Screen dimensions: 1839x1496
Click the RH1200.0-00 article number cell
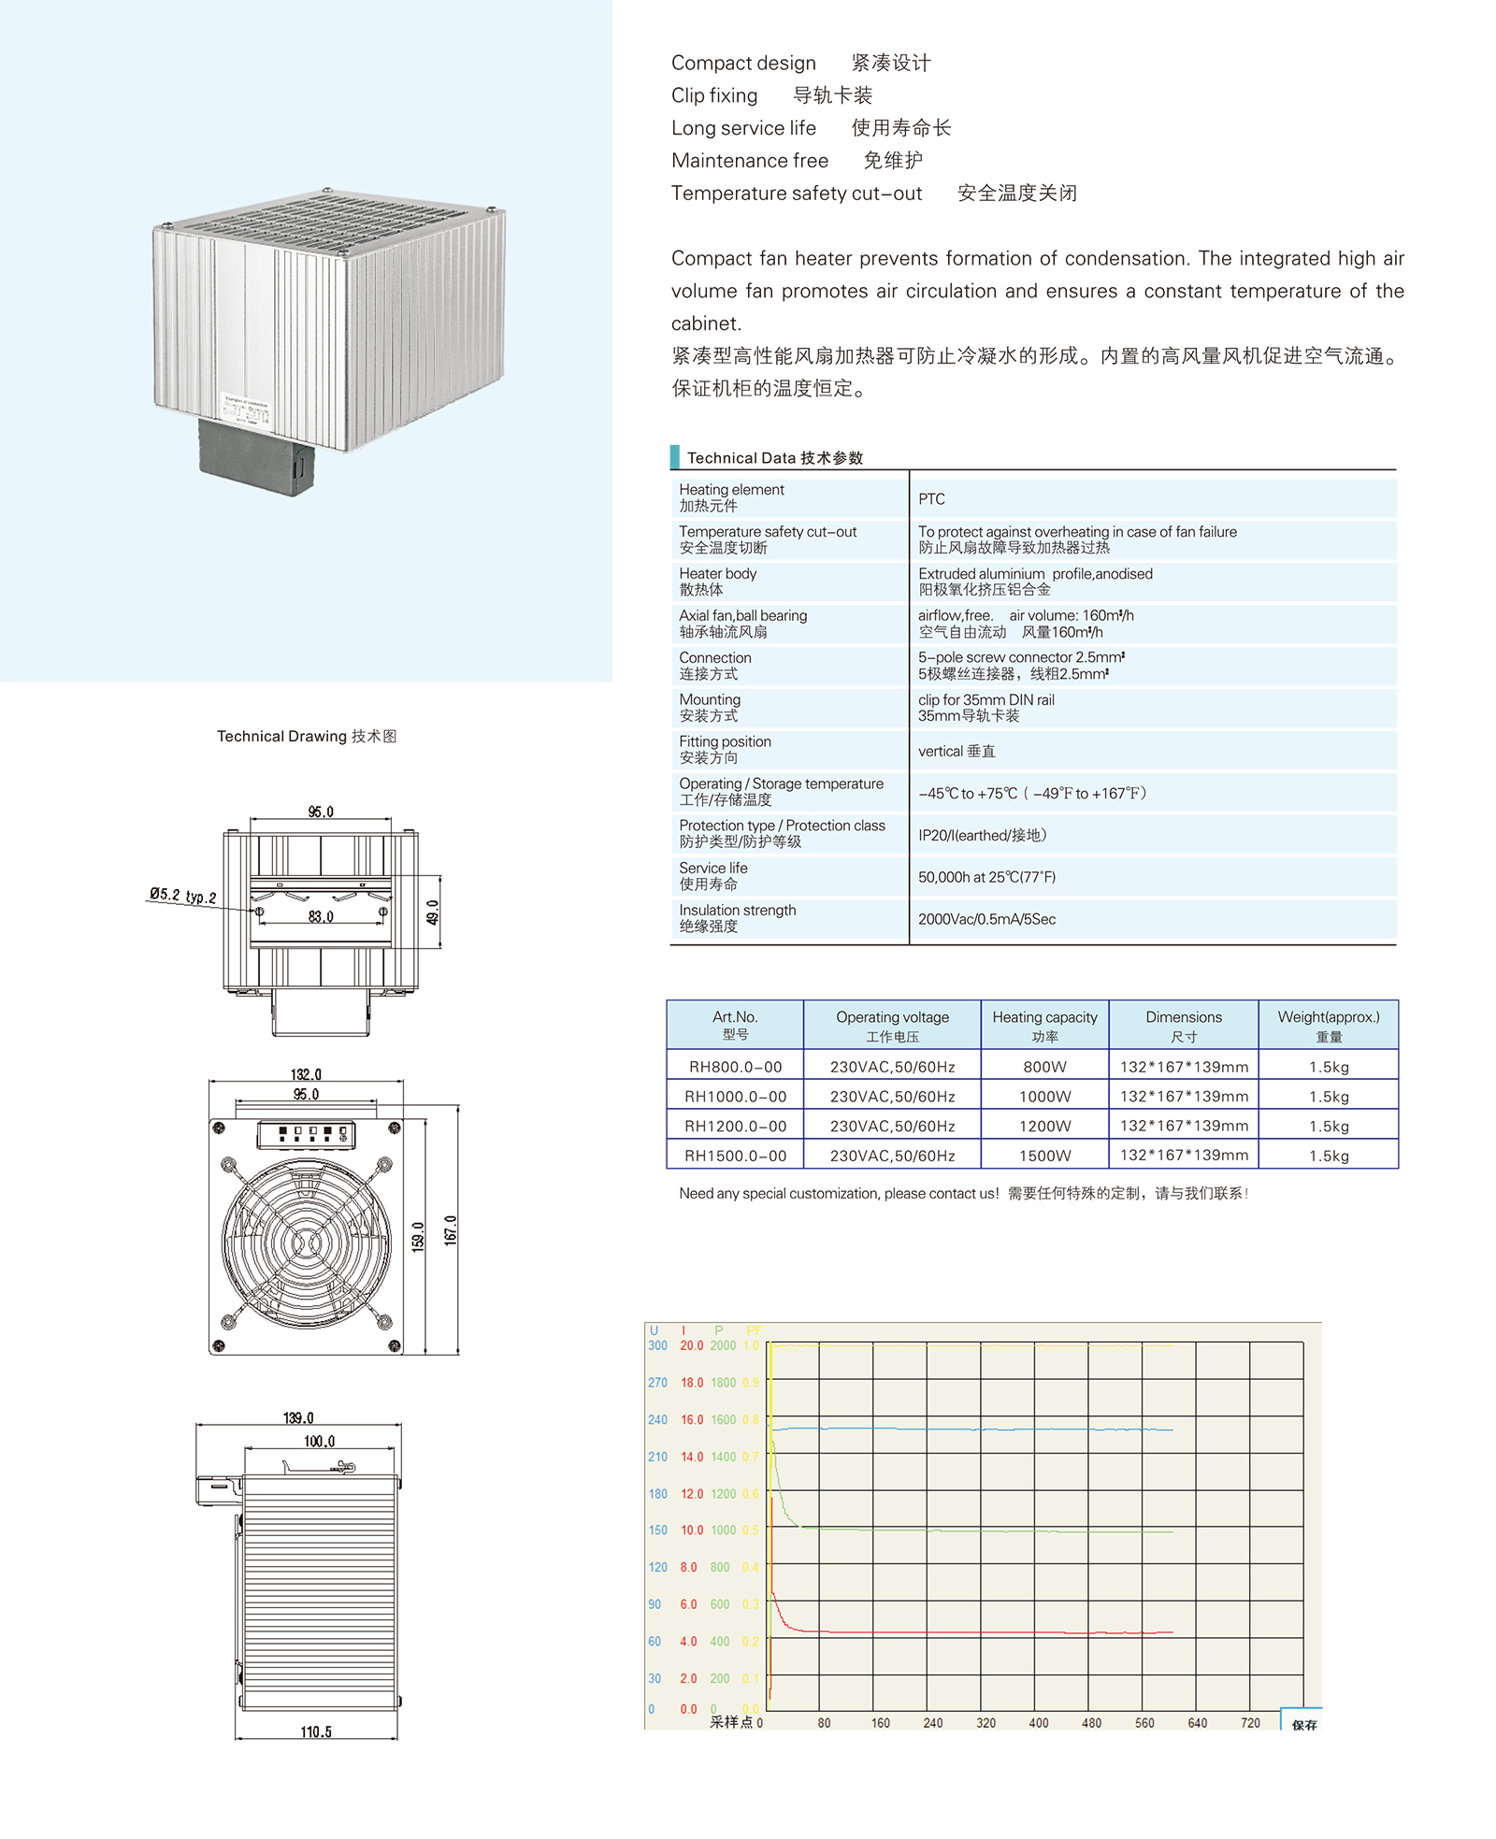pos(735,1126)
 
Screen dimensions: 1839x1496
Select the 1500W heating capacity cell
pos(1044,1156)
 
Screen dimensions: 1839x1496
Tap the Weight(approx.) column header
pos(1328,1025)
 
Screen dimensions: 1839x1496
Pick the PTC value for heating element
pos(931,499)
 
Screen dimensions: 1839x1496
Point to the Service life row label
pos(713,875)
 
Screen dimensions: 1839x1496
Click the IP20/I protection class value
pos(982,835)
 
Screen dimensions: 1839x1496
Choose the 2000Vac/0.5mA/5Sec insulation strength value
pos(986,919)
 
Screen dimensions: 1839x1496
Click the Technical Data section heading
pos(774,458)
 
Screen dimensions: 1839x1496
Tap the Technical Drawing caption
pos(307,737)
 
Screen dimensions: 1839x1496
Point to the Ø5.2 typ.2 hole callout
pos(183,896)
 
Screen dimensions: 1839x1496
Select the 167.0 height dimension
pos(451,1229)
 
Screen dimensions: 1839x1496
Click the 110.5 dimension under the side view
pos(316,1732)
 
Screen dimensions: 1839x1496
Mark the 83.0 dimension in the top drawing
pos(321,917)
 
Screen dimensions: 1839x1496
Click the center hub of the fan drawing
pos(306,1243)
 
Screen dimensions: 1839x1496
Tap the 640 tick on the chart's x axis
pos(1197,1723)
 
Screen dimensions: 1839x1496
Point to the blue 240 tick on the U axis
pos(657,1419)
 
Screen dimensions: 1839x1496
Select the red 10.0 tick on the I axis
pos(692,1530)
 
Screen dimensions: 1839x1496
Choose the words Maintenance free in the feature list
pos(750,161)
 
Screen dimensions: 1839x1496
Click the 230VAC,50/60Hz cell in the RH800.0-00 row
pos(892,1067)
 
